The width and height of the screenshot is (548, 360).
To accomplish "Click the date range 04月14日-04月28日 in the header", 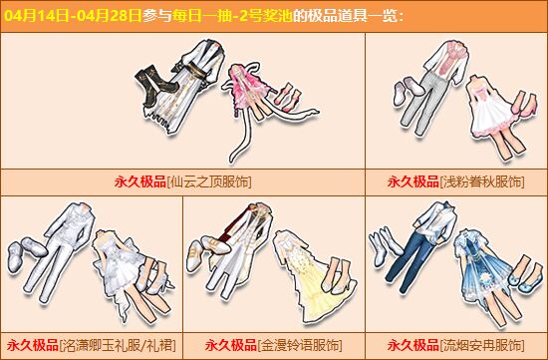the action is coord(73,16).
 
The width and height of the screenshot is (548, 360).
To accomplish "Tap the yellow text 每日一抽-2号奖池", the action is coord(232,16).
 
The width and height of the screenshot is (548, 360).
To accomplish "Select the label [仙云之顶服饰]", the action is coord(209,181).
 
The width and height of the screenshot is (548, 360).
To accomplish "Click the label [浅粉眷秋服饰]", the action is coord(482,181).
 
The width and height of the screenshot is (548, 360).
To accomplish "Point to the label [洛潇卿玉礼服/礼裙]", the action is coord(118,346).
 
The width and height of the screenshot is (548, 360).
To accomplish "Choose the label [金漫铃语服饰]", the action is coord(300,346).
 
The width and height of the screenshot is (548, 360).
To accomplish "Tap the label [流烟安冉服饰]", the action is coord(482,346).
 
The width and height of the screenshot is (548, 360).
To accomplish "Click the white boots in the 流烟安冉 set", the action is coord(384,245).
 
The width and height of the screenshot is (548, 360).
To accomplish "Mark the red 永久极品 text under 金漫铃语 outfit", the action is coord(231,346).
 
